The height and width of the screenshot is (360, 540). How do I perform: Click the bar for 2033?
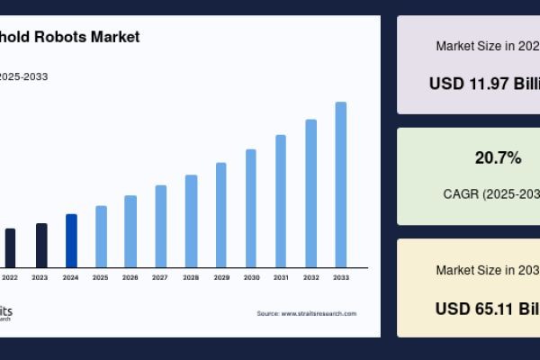[341, 184]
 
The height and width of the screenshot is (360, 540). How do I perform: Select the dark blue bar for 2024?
[71, 240]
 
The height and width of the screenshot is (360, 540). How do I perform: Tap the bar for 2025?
[101, 236]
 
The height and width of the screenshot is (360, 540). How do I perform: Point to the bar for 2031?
[281, 201]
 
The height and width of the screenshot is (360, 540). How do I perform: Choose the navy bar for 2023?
[41, 245]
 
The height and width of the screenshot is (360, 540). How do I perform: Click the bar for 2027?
[161, 226]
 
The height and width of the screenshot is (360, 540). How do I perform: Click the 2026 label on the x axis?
[130, 277]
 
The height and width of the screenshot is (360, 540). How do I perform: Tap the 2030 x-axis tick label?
[251, 277]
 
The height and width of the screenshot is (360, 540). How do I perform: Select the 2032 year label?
[311, 277]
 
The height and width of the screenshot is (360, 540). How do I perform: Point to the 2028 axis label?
[191, 277]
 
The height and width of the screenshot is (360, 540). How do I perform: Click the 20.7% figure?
[498, 158]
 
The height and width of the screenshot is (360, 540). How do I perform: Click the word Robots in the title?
[64, 37]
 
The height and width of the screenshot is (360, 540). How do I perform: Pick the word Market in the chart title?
[117, 37]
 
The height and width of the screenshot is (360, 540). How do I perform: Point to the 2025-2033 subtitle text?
[23, 76]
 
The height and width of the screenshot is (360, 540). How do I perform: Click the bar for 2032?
[311, 193]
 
